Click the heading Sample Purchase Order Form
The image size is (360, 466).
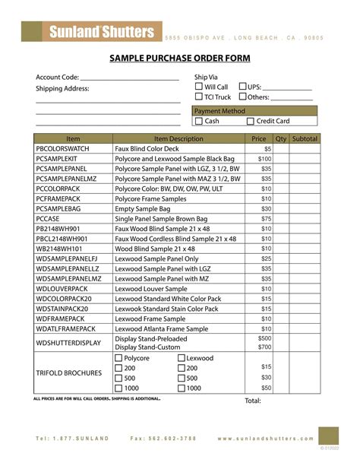(x=180, y=59)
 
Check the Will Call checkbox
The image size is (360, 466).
(x=198, y=87)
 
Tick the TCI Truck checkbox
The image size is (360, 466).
(x=198, y=97)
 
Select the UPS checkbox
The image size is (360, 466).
(x=242, y=87)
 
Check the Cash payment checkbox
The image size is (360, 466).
(x=198, y=121)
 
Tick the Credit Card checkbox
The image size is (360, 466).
(x=251, y=121)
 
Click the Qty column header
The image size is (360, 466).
(x=280, y=139)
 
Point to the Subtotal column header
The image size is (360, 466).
(x=305, y=139)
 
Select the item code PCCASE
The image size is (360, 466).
(x=52, y=218)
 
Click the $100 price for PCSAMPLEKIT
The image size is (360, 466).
(x=264, y=159)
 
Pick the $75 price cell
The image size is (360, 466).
(x=266, y=218)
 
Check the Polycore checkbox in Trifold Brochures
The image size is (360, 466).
(x=118, y=358)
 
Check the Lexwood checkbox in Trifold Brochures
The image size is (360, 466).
(x=182, y=358)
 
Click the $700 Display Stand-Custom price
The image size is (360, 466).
(x=264, y=347)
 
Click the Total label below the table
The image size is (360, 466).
(x=253, y=401)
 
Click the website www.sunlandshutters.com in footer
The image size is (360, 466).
(x=275, y=439)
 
